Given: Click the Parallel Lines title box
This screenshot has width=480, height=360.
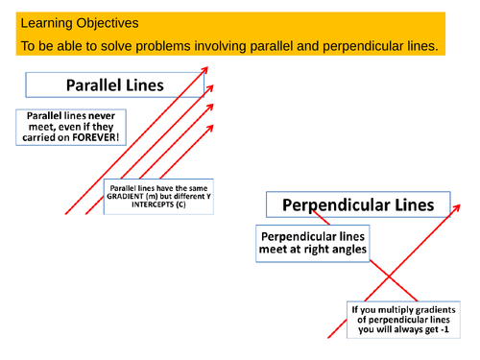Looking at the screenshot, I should coord(114,85).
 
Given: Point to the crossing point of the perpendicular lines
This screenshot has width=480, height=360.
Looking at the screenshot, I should coord(391,276).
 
